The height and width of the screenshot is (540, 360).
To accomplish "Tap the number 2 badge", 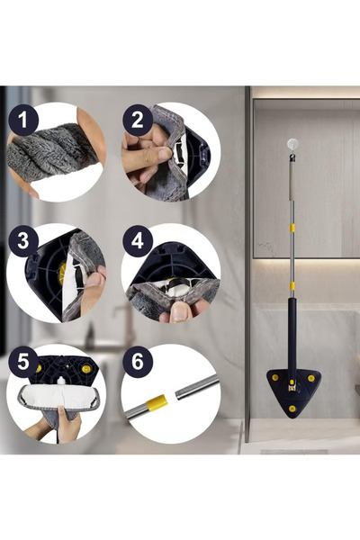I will [x=137, y=119].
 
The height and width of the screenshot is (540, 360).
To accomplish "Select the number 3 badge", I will [x=22, y=241].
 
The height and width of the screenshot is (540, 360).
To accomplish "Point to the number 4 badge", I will [x=137, y=241].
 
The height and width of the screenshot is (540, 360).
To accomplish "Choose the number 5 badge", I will [x=22, y=362].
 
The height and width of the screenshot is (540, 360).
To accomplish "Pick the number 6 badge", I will [x=137, y=362].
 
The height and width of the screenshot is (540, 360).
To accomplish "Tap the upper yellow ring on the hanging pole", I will [x=291, y=229].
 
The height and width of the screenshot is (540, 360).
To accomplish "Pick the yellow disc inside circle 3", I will [x=62, y=274].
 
